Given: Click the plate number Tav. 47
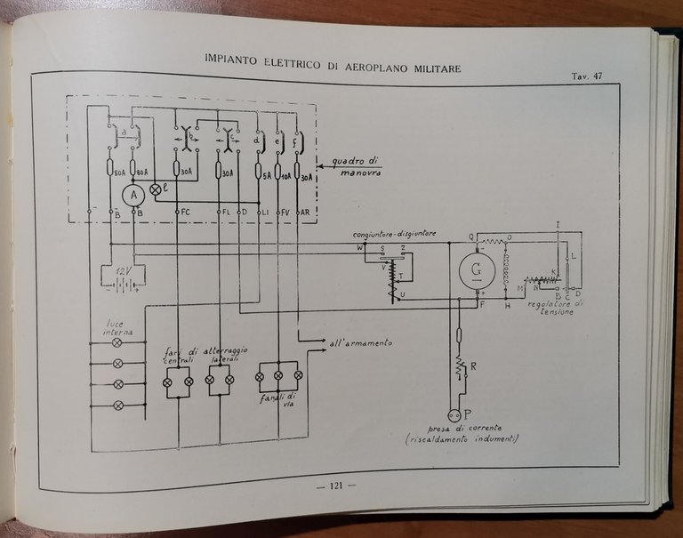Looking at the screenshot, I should tap(587, 76).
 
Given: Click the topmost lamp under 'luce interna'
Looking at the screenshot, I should tap(116, 342).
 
